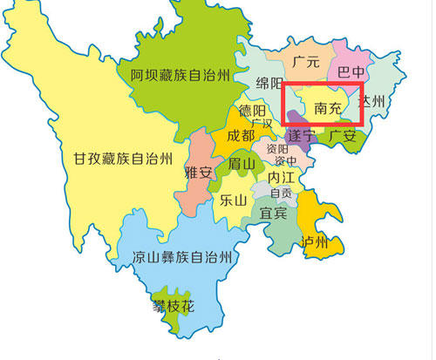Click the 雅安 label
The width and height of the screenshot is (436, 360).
click(x=199, y=173)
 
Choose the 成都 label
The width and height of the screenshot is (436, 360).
click(x=241, y=136)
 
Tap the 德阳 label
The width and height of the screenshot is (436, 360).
click(x=253, y=112)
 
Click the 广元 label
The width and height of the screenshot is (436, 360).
click(x=307, y=63)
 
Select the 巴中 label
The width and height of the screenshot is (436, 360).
click(x=351, y=72)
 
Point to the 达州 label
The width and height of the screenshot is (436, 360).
click(x=372, y=102)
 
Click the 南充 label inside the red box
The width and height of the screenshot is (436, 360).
click(x=327, y=111)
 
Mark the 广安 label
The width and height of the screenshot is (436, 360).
click(x=341, y=136)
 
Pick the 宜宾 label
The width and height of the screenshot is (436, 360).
click(x=276, y=212)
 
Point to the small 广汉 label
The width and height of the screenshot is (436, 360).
click(x=262, y=124)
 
